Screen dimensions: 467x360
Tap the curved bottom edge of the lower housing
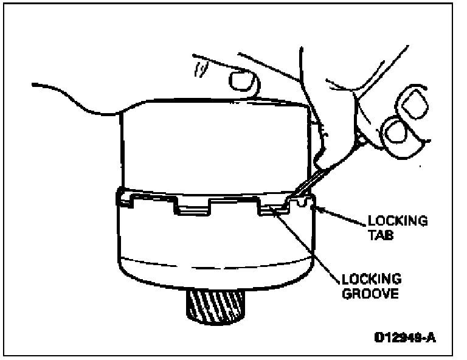(213, 286)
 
